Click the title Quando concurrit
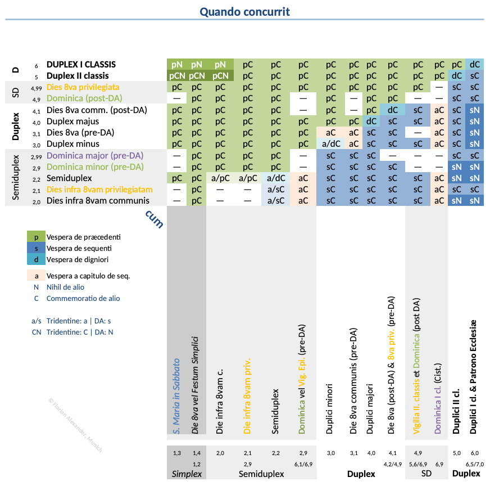(244, 11)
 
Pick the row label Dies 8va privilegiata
(83, 87)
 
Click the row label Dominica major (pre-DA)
(94, 155)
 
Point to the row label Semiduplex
(70, 178)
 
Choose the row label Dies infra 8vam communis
(98, 201)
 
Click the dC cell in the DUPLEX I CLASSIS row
(475, 65)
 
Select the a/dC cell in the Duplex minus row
(331, 144)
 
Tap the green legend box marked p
(37, 237)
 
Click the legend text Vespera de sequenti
(79, 248)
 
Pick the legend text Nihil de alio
(65, 287)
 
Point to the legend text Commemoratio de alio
(83, 299)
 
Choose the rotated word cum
(155, 219)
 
